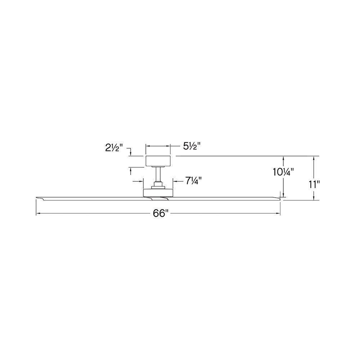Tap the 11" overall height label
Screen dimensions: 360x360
click(x=314, y=184)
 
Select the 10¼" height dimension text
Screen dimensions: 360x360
click(x=283, y=172)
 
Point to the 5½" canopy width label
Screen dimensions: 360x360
click(x=192, y=146)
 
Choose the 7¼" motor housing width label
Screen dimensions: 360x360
click(x=193, y=181)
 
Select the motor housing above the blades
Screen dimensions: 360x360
click(x=158, y=193)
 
